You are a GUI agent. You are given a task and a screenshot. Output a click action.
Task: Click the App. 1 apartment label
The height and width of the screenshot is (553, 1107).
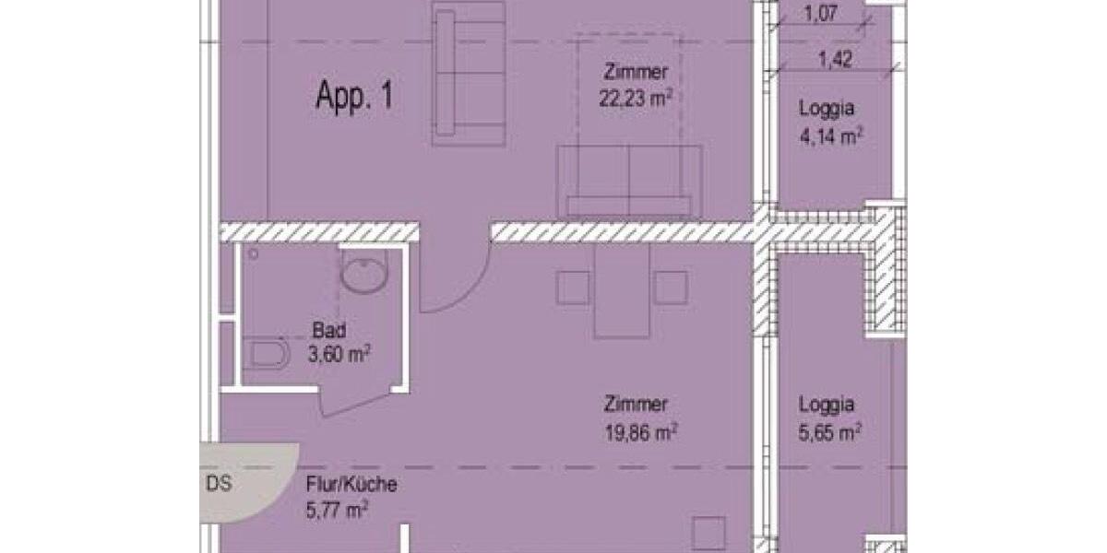click(354, 97)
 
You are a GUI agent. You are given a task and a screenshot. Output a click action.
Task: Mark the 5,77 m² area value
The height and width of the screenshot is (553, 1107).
click(337, 507)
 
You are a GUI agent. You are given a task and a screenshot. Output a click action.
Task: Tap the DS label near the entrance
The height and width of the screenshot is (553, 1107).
click(219, 484)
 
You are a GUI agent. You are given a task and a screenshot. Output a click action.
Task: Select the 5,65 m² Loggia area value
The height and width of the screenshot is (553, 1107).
click(830, 430)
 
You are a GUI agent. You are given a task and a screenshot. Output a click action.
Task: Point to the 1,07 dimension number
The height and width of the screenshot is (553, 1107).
click(822, 14)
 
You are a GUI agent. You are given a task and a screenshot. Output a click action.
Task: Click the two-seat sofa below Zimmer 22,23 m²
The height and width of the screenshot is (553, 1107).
click(628, 182)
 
